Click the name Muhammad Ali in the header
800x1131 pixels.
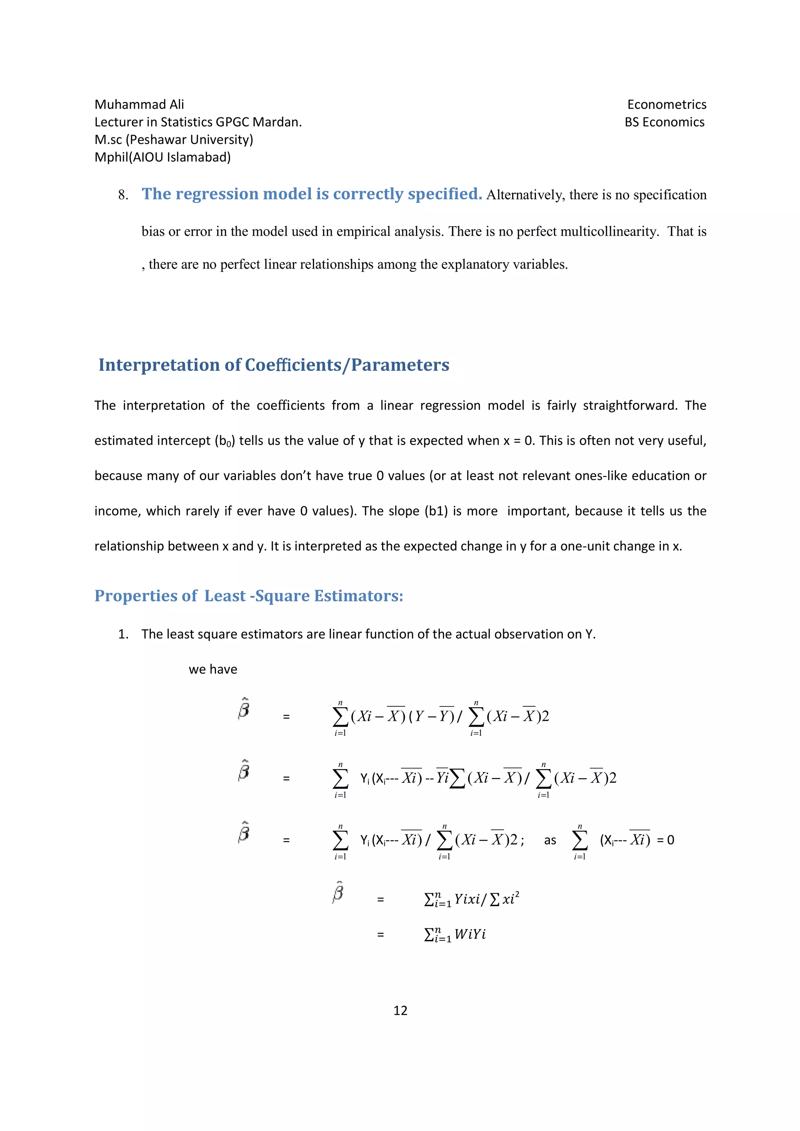[139, 105]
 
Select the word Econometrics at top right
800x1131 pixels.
[666, 105]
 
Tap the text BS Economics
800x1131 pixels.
[664, 122]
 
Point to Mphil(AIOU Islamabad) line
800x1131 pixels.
[162, 157]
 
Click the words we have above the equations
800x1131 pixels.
[213, 669]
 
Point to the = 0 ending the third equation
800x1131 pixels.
[666, 840]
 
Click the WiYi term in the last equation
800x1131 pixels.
[470, 934]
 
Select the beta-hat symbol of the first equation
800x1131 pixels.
[243, 710]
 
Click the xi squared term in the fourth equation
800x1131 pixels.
[511, 900]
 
